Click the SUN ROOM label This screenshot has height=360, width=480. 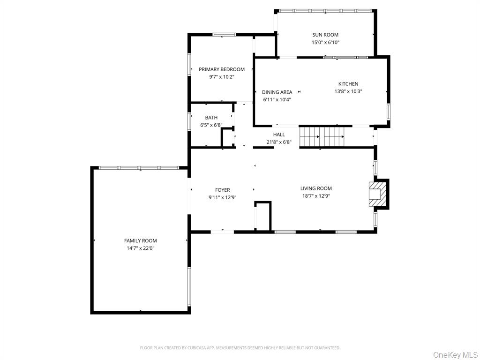(x=325, y=35)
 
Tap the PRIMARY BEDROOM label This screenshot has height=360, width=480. (x=222, y=69)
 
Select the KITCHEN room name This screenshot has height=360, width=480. (x=348, y=84)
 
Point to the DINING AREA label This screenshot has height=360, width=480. (x=277, y=92)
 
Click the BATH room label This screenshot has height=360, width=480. (x=211, y=118)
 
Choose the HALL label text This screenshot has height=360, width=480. (x=279, y=135)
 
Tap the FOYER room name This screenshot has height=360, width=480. (x=222, y=190)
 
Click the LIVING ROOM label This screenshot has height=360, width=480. (x=316, y=188)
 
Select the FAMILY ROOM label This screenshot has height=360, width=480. (x=141, y=240)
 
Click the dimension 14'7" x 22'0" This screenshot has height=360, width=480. (x=141, y=248)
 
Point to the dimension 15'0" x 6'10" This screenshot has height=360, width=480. (x=325, y=43)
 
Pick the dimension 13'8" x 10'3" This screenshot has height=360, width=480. (x=348, y=92)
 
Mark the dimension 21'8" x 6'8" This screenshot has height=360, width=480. (x=279, y=142)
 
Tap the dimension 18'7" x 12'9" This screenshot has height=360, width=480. (x=316, y=196)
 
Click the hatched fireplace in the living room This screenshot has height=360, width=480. (x=376, y=193)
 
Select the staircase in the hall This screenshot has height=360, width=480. (x=323, y=137)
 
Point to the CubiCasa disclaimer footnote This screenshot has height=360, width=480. (x=240, y=348)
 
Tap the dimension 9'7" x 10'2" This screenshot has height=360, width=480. (x=222, y=77)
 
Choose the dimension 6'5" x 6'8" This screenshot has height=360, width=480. (x=211, y=125)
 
